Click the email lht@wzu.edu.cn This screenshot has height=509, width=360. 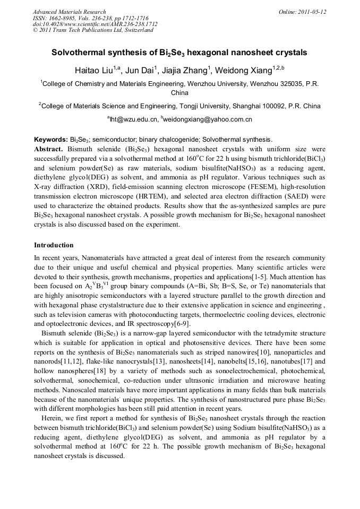point(134,119)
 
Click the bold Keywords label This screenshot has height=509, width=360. point(50,139)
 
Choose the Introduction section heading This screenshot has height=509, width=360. point(54,245)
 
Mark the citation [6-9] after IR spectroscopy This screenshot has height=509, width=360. point(182,324)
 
